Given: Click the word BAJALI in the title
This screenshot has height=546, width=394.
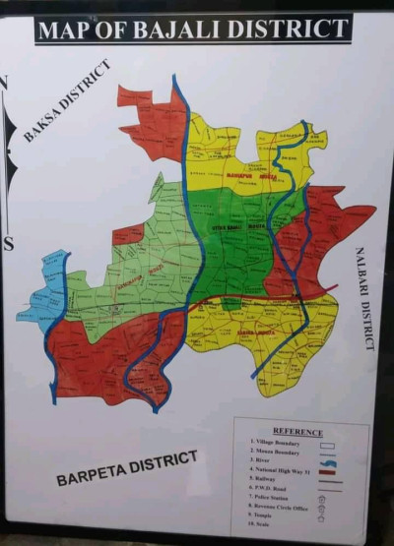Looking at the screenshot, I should click(184, 29).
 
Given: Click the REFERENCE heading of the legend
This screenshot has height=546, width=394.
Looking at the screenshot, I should click(296, 431).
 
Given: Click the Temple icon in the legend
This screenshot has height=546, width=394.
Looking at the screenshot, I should click(321, 518).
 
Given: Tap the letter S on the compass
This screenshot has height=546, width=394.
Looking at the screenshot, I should click(8, 246).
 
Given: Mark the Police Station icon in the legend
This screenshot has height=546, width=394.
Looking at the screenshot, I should click(321, 500).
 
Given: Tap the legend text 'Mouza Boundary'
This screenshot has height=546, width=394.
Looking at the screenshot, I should click(275, 453).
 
